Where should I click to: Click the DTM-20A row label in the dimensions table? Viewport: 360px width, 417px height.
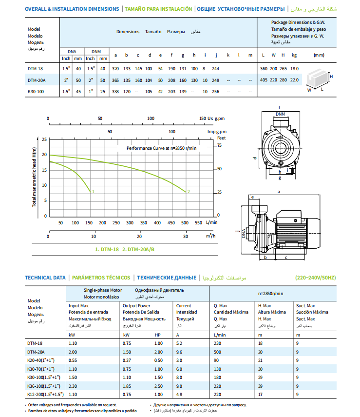(37, 80)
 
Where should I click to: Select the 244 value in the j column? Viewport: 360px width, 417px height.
(215, 69)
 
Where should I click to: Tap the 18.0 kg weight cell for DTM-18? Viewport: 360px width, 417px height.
(294, 69)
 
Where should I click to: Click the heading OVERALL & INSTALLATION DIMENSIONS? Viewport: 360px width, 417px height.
(72, 9)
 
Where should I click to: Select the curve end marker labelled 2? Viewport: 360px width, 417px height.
(188, 191)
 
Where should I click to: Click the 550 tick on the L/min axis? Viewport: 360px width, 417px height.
(199, 223)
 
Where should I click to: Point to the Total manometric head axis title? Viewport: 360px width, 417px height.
(35, 177)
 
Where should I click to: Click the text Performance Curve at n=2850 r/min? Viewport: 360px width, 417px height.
(161, 148)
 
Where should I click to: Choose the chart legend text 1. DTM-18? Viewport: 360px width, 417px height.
(107, 249)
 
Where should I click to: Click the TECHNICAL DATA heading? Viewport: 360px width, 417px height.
(45, 278)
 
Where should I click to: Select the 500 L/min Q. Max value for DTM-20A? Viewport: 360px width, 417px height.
(218, 352)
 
